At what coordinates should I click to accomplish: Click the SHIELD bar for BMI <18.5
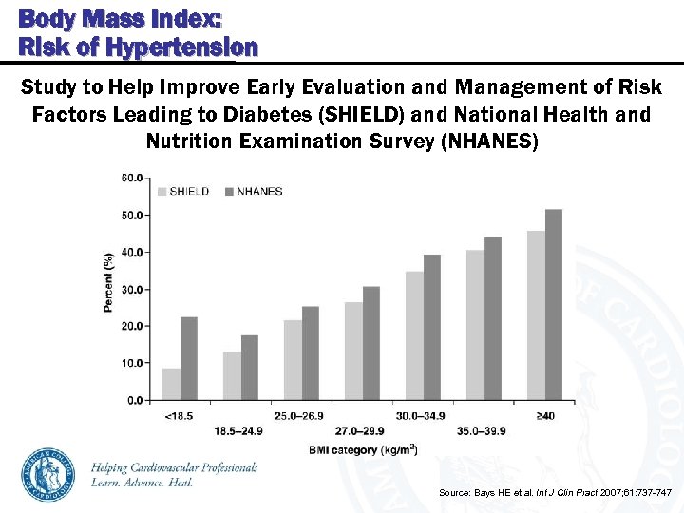(x=171, y=384)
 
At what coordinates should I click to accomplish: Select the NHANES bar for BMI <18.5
(x=189, y=358)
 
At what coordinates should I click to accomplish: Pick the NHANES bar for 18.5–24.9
(x=250, y=368)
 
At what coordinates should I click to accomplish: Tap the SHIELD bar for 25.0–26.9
(x=293, y=360)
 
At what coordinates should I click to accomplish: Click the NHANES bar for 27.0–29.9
(x=371, y=343)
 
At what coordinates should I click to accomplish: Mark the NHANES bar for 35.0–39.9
(x=493, y=318)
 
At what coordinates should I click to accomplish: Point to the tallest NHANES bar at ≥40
(x=554, y=304)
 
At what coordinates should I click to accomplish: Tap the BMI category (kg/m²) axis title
(x=362, y=449)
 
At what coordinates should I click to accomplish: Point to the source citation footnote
(x=555, y=493)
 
